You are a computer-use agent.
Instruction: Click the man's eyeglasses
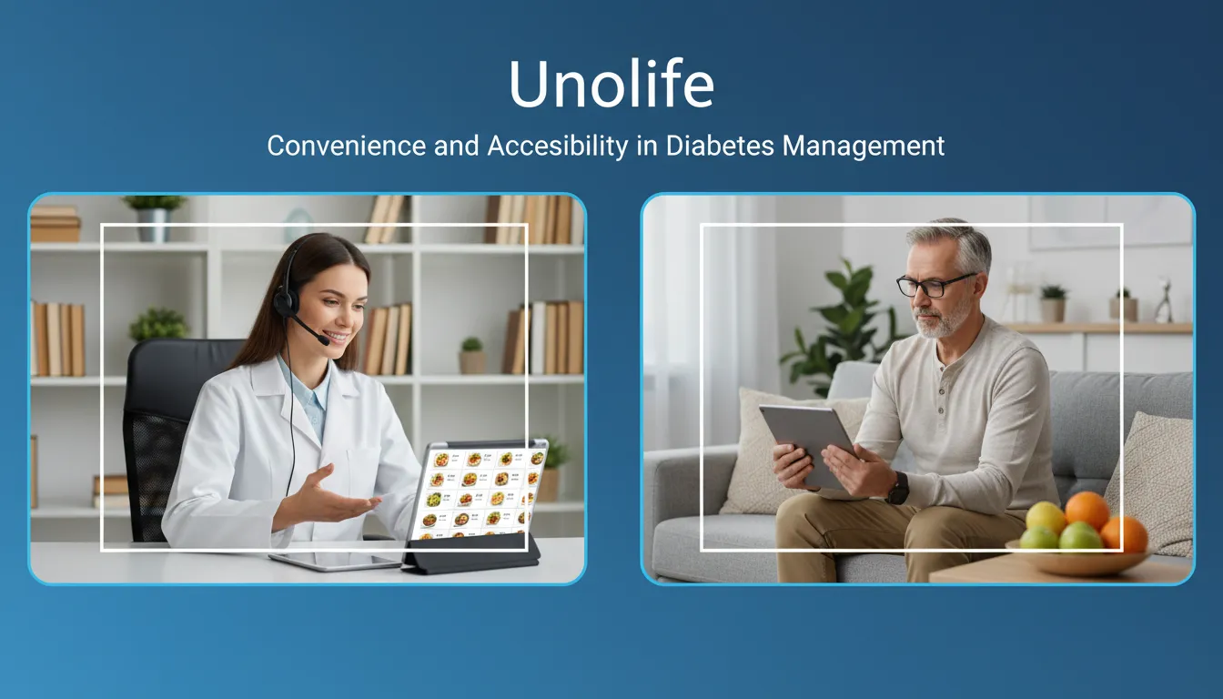coord(935,284)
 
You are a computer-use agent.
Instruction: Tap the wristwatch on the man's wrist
coord(898,488)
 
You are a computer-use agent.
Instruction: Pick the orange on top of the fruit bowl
coord(1087,511)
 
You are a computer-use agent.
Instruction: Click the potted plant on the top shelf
coord(154,216)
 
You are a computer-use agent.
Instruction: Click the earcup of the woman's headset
coord(286,301)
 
